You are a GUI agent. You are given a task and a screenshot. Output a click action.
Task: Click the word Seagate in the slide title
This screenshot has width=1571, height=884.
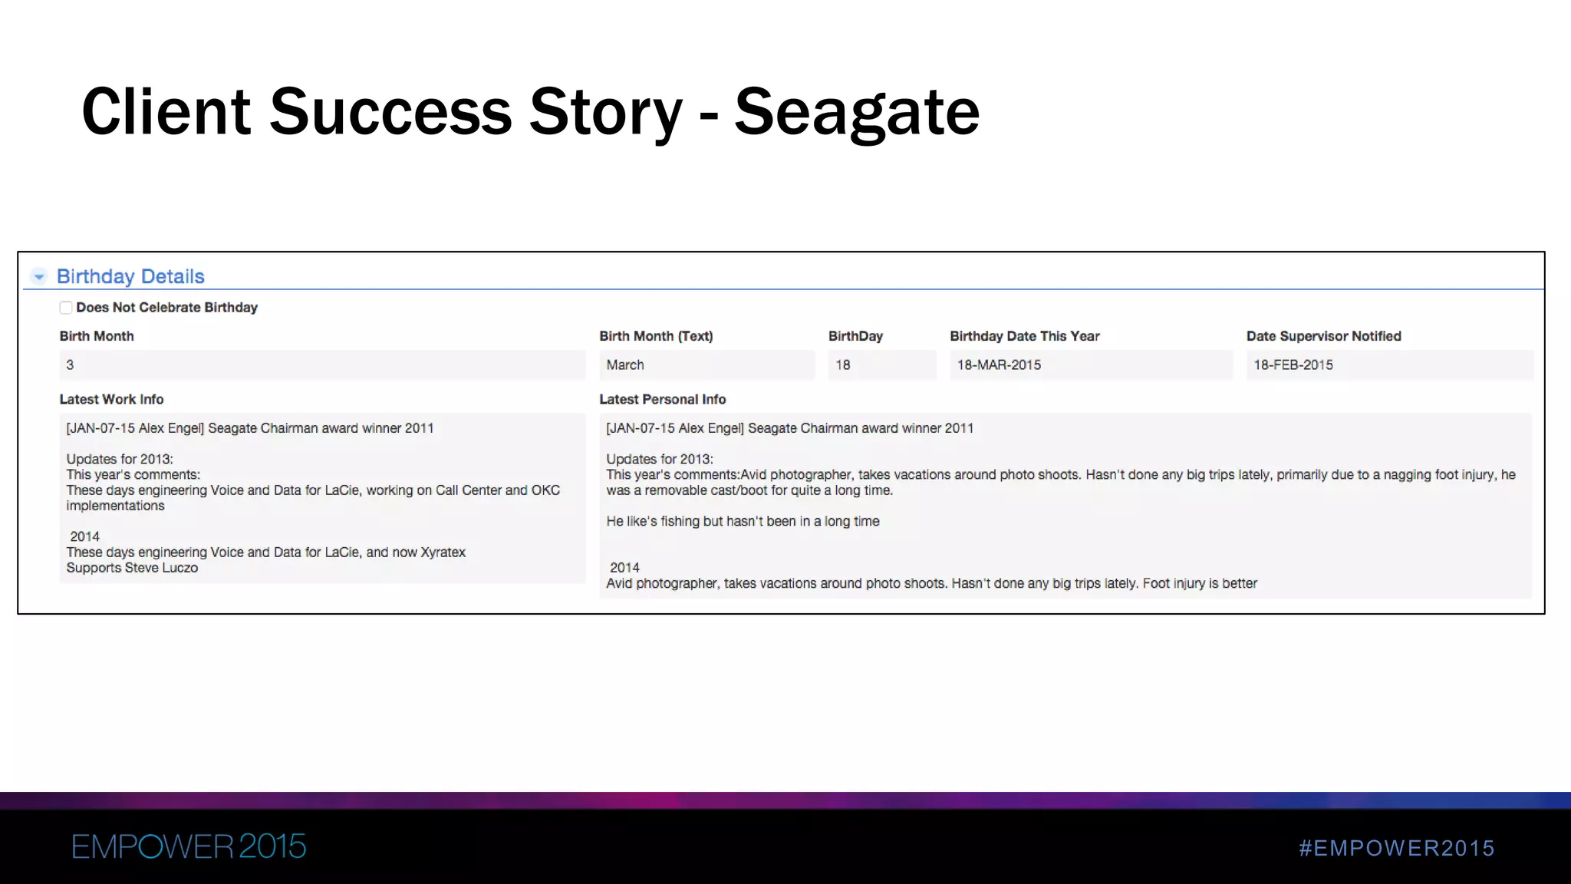click(x=856, y=113)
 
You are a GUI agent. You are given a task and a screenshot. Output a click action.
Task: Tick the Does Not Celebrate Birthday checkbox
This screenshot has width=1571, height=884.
click(x=66, y=308)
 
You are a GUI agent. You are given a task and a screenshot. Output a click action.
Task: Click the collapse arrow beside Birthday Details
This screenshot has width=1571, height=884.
click(x=39, y=276)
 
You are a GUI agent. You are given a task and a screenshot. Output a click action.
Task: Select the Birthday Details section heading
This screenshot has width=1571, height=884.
click(x=130, y=276)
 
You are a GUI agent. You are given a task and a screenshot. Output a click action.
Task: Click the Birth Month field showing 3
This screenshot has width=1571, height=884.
click(x=321, y=365)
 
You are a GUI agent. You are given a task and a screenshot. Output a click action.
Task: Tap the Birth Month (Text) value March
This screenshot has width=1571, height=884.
click(x=625, y=365)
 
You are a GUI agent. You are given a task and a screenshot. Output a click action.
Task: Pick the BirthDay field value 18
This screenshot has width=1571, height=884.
click(x=843, y=365)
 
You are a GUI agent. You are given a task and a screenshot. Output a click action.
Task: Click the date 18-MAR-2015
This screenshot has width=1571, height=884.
click(x=999, y=365)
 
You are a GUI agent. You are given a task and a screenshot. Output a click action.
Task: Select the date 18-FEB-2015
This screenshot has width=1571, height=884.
click(x=1293, y=365)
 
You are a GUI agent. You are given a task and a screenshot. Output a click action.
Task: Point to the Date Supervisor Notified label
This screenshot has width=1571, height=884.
click(x=1323, y=336)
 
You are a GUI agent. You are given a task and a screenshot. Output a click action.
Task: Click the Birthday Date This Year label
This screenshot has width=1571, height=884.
click(x=1024, y=336)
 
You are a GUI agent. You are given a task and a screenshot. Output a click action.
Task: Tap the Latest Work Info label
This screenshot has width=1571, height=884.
click(x=111, y=399)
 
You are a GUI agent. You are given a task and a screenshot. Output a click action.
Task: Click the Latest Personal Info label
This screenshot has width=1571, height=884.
click(x=662, y=399)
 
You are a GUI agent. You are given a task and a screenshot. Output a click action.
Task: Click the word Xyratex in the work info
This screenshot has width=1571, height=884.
click(x=443, y=552)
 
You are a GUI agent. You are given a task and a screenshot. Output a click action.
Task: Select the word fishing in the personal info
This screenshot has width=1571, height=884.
click(x=680, y=522)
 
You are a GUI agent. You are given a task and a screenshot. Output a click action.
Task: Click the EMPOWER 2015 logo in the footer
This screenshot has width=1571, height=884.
click(x=189, y=846)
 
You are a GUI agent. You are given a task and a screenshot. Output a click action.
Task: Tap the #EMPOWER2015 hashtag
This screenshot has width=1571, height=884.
click(x=1396, y=848)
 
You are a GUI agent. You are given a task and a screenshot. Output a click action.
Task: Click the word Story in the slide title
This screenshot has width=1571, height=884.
click(x=605, y=113)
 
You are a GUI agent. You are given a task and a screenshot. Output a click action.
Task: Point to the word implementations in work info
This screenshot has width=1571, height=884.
click(x=115, y=506)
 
